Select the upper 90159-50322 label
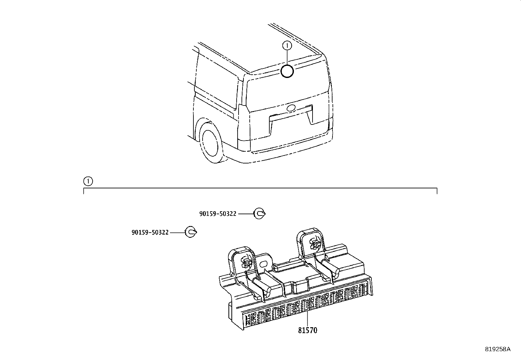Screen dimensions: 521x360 pos(218,214)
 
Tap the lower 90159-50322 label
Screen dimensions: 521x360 pos(150,232)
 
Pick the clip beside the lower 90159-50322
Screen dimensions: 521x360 pos(191,232)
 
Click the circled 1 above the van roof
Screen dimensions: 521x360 pos(287,46)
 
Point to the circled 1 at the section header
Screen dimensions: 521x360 pos(88,181)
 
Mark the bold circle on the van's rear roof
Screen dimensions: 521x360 pos(287,71)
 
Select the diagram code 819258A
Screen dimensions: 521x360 pos(497,349)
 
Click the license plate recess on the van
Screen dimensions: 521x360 pos(290,126)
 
